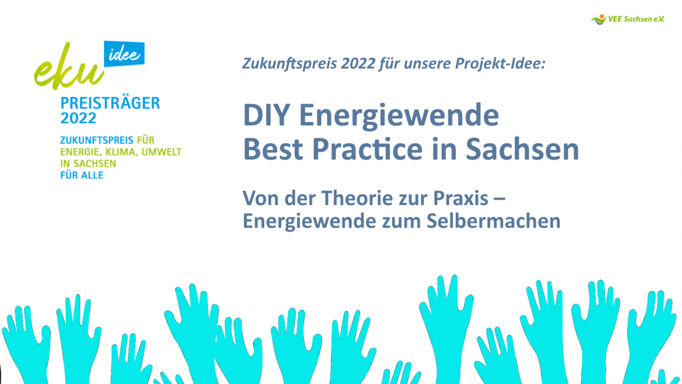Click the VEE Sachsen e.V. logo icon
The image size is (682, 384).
[x=599, y=19]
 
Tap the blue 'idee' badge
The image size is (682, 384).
[x=124, y=54]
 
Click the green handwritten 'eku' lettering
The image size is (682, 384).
[x=69, y=67]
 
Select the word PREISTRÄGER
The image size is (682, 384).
[x=110, y=103]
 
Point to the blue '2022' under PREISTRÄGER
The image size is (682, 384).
[x=78, y=118]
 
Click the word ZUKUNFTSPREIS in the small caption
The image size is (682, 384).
[x=97, y=140]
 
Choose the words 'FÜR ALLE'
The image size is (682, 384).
[x=82, y=175]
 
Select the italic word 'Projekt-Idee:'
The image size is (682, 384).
[x=500, y=64]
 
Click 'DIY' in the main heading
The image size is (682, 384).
[x=266, y=115]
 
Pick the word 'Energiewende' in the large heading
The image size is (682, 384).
[x=399, y=116]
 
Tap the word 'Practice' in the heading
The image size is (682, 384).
[x=368, y=149]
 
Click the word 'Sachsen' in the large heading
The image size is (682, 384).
[x=522, y=149]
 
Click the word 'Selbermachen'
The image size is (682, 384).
[x=493, y=220]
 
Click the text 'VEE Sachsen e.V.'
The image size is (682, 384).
[x=636, y=19]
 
